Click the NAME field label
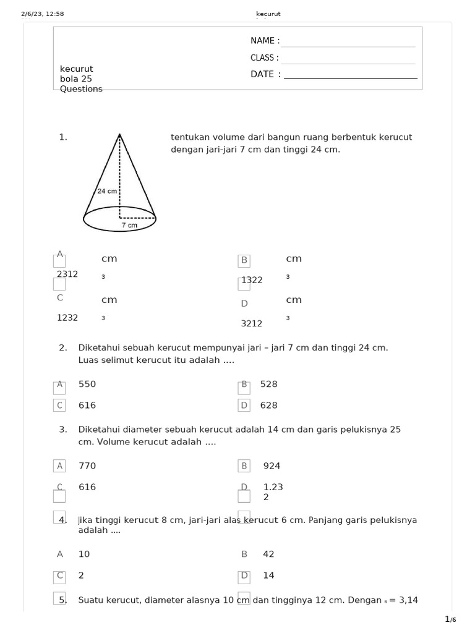point(265,41)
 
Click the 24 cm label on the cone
point(107,191)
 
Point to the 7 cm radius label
point(129,226)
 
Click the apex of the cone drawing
point(119,134)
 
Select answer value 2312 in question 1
point(67,274)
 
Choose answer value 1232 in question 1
point(67,317)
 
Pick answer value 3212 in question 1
point(252,323)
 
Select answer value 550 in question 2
point(87,384)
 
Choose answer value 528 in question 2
point(269,384)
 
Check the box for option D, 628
point(244,406)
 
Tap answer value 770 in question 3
point(87,465)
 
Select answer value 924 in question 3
point(272,465)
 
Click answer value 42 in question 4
point(269,554)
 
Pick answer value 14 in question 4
point(269,575)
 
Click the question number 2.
point(63,347)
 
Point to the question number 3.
point(63,429)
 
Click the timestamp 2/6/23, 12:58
point(43,14)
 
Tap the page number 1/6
point(450,619)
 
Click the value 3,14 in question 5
point(409,600)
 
